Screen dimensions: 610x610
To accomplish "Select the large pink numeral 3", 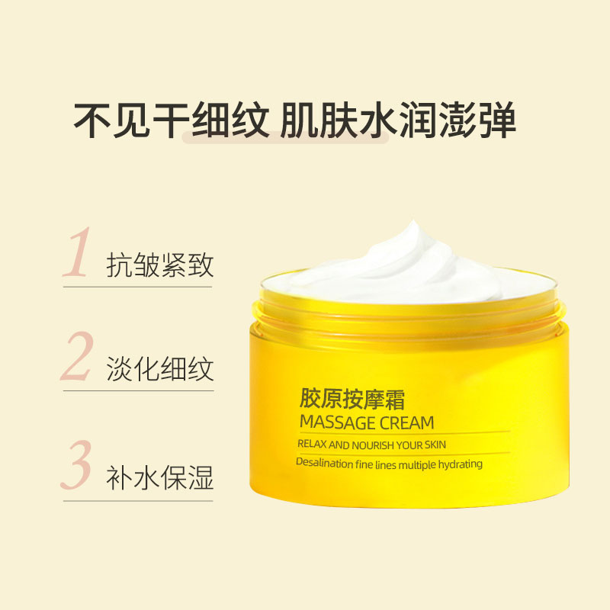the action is click(77, 464).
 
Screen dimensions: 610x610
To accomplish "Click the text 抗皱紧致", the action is click(160, 265).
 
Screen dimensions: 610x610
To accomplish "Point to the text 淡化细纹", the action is click(160, 368).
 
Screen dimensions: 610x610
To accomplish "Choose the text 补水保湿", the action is click(160, 477).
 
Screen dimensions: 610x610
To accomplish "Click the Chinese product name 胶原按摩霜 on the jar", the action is click(352, 399).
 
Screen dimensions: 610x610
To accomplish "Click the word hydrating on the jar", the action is click(461, 464).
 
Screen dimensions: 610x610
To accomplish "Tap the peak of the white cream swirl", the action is click(413, 223).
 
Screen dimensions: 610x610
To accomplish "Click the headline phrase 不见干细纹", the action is click(171, 120).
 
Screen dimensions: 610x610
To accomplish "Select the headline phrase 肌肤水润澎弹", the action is click(397, 120).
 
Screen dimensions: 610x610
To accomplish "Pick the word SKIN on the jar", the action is click(435, 445).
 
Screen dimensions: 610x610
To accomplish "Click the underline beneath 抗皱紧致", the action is click(138, 287).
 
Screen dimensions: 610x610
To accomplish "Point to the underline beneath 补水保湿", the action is click(138, 501).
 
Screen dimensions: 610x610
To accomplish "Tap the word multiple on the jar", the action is click(417, 465).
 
